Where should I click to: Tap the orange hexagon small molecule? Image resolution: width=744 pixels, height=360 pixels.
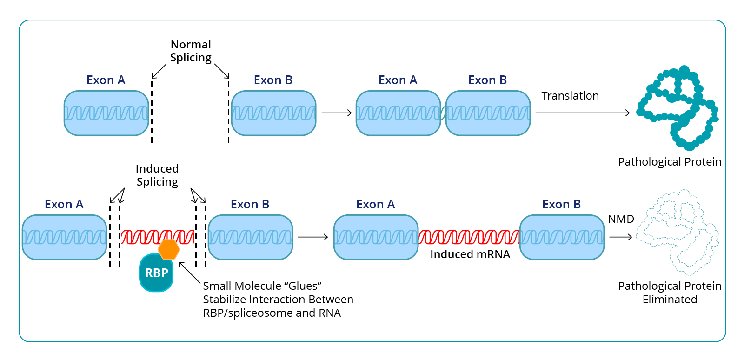coord(169,250)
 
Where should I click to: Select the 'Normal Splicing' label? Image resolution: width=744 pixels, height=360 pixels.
coord(191,51)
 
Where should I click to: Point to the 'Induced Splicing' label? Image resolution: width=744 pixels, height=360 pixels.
coord(157,175)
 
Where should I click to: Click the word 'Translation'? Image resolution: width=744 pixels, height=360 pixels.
coord(570,96)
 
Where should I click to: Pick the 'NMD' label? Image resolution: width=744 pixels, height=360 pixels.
coord(621,219)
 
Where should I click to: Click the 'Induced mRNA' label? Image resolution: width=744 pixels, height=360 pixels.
coord(470,254)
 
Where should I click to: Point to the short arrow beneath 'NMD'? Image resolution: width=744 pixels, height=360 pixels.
coord(620,237)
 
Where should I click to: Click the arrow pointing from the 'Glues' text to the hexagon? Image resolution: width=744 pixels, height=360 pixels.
coord(190,273)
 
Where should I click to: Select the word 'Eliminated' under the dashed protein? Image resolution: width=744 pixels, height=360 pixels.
coord(670,300)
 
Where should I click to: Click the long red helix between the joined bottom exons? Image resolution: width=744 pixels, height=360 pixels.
coord(469,237)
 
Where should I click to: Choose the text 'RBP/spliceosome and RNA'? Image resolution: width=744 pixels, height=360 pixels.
coord(272,313)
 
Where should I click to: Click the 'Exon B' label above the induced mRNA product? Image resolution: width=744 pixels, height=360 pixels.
coord(561,204)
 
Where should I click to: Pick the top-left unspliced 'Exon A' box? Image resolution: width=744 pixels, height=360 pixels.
coord(106,113)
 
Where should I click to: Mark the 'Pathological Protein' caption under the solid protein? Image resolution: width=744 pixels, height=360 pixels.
coord(670,162)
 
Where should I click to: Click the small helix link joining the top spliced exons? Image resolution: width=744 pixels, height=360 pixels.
coord(443,113)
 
